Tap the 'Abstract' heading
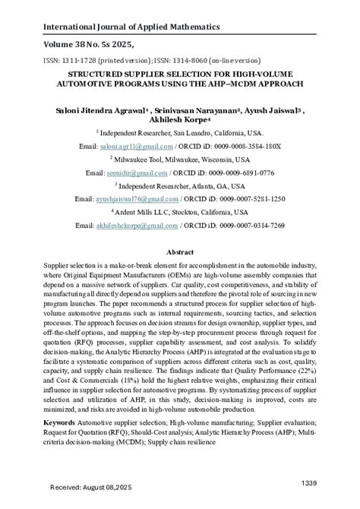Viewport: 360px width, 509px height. click(x=180, y=250)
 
